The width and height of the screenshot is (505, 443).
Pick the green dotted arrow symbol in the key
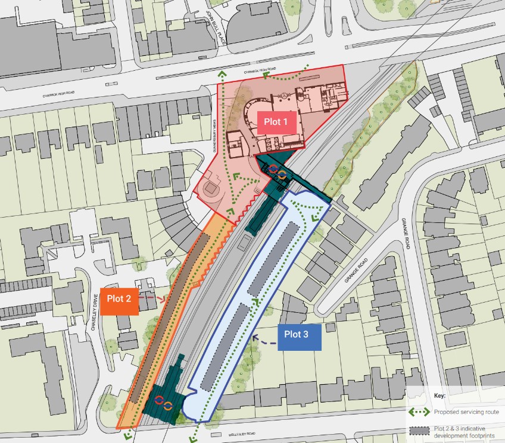[x=418, y=411]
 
